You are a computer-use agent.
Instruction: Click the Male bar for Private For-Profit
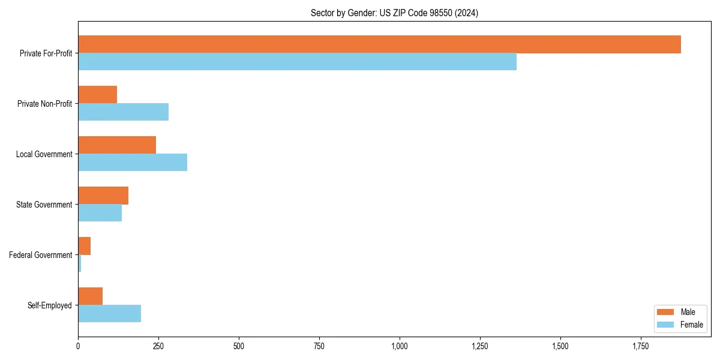pyautogui.click(x=379, y=44)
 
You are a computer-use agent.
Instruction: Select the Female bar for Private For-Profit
pyautogui.click(x=297, y=62)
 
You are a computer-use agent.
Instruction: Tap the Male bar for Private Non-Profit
pyautogui.click(x=97, y=95)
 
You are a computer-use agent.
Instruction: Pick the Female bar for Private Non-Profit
pyautogui.click(x=123, y=112)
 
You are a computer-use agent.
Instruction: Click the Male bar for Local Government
pyautogui.click(x=117, y=145)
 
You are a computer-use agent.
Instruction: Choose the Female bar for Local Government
pyautogui.click(x=133, y=163)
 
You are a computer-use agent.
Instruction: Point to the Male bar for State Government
pyautogui.click(x=103, y=196)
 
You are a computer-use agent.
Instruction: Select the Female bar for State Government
pyautogui.click(x=100, y=213)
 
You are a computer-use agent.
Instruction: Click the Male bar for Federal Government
pyautogui.click(x=84, y=246)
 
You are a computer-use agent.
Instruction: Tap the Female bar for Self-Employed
pyautogui.click(x=109, y=314)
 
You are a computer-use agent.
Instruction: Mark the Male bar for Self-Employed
pyautogui.click(x=90, y=296)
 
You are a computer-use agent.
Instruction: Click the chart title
pyautogui.click(x=394, y=13)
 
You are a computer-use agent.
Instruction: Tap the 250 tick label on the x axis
pyautogui.click(x=158, y=346)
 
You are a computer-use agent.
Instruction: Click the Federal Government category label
pyautogui.click(x=41, y=255)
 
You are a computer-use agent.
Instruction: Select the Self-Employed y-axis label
pyautogui.click(x=50, y=305)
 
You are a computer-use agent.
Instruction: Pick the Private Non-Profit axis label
pyautogui.click(x=44, y=104)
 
